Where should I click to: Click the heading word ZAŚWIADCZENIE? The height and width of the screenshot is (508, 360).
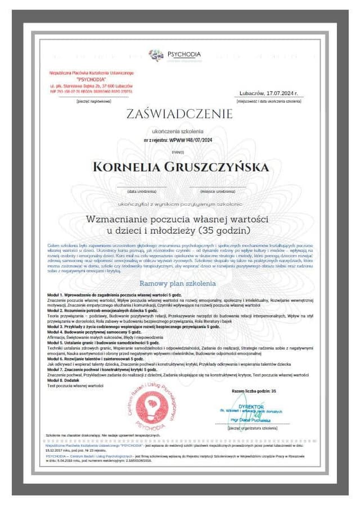179,115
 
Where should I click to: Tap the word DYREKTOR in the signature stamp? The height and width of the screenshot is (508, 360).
251,406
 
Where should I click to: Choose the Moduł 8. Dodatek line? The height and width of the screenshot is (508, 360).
65,380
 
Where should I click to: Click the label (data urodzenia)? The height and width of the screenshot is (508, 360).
141,191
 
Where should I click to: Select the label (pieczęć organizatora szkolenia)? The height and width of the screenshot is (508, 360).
253,428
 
